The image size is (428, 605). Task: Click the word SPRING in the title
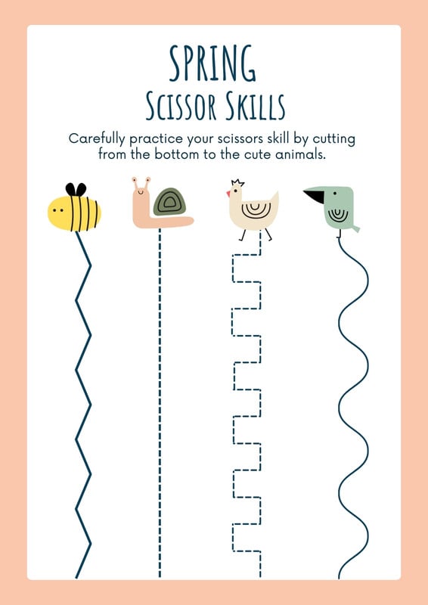click(212, 64)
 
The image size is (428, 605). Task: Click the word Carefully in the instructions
click(97, 139)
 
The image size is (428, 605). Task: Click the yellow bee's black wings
click(76, 189)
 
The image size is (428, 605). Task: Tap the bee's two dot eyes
click(58, 211)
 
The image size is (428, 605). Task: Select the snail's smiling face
click(141, 189)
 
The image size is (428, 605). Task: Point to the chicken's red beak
click(228, 193)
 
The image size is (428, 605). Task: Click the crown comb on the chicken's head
click(237, 182)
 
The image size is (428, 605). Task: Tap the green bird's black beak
click(315, 196)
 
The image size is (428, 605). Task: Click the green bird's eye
click(334, 193)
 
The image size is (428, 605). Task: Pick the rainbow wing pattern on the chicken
click(253, 209)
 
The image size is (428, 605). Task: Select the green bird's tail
click(355, 228)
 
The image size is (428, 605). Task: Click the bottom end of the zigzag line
click(76, 578)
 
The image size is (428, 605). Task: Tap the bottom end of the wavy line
click(340, 578)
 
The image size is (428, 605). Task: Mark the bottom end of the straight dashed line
click(160, 577)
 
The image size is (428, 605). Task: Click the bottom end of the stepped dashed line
click(260, 577)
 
